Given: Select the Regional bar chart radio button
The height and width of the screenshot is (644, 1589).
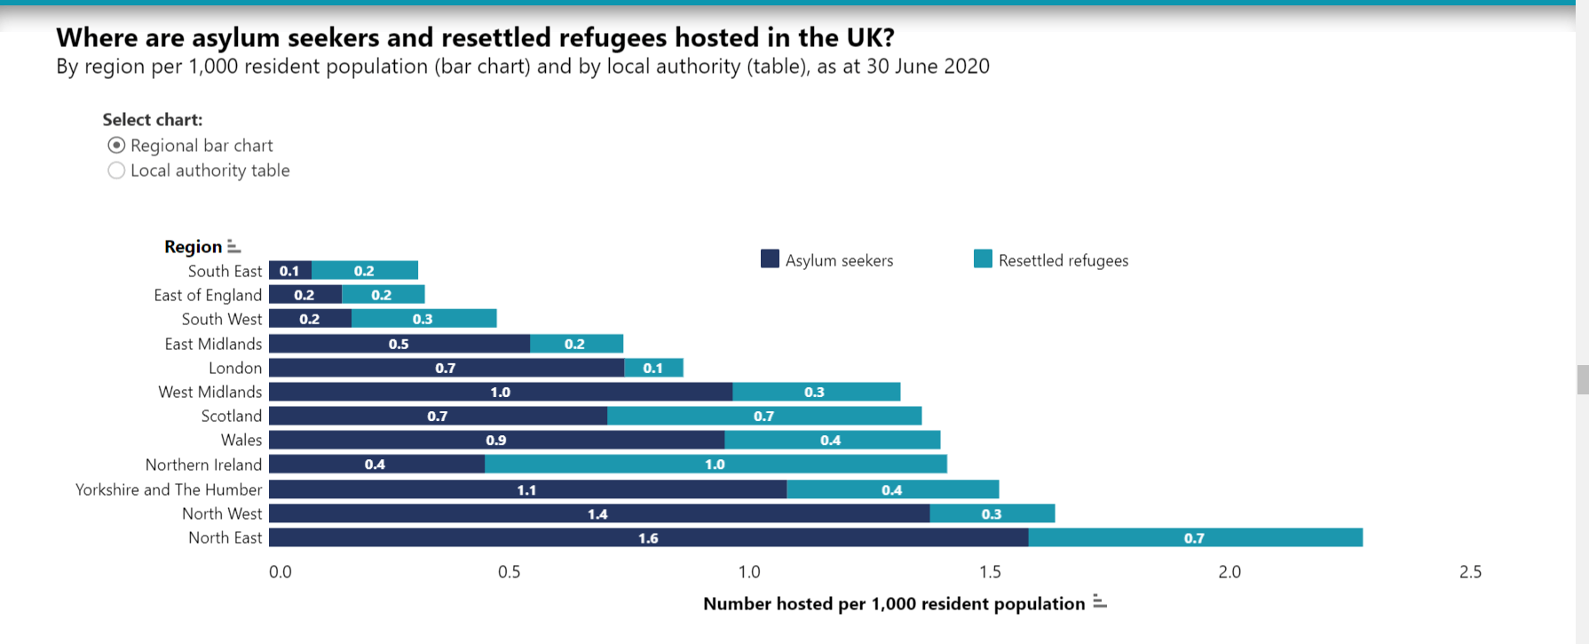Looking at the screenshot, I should click(x=116, y=145).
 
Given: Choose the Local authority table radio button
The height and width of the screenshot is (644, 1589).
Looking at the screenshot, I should click(x=116, y=171).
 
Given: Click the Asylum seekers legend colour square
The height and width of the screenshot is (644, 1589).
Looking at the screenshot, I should click(x=770, y=259).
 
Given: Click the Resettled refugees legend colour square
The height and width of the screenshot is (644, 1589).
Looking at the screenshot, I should click(x=983, y=259).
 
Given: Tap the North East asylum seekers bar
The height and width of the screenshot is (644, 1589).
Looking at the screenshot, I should click(x=648, y=537).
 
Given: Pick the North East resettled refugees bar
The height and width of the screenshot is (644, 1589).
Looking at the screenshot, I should click(x=1195, y=537).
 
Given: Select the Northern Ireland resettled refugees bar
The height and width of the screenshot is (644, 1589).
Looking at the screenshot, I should click(x=715, y=464).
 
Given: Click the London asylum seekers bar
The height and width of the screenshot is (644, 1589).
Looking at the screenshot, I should click(x=446, y=368).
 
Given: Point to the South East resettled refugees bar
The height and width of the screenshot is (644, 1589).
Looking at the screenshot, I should click(x=365, y=271).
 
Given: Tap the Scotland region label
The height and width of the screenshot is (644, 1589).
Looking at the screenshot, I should click(x=231, y=416).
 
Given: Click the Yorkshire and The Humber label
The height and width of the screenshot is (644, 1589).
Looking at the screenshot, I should click(x=169, y=489).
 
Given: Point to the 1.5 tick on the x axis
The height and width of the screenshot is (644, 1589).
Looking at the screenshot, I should click(x=990, y=572).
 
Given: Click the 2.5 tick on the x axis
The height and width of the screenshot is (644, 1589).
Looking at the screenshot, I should click(x=1470, y=572).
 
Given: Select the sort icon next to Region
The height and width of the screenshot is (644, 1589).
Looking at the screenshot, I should click(x=233, y=246).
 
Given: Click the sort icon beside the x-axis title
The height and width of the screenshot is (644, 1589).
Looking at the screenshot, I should click(x=1100, y=602).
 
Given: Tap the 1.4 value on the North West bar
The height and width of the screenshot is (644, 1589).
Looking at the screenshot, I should click(x=597, y=514).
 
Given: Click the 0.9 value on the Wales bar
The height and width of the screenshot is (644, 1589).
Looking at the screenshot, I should click(x=496, y=441).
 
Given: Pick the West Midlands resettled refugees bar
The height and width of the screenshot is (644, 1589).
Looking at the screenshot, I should click(x=815, y=392).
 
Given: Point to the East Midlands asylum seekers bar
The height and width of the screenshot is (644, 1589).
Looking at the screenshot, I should click(x=399, y=344).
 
